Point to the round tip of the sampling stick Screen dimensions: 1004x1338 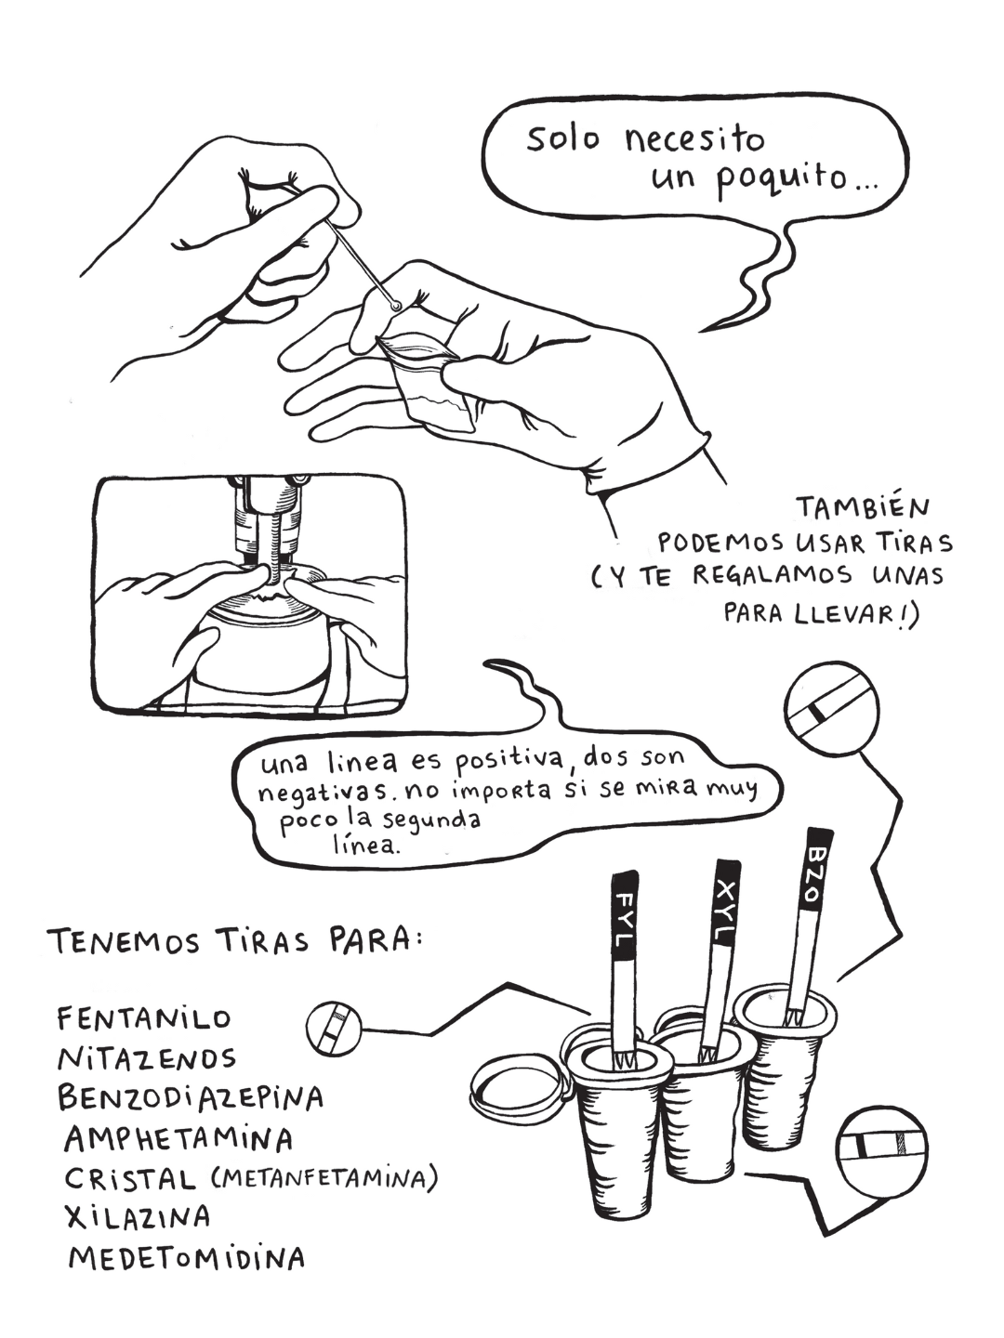pyautogui.click(x=397, y=306)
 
